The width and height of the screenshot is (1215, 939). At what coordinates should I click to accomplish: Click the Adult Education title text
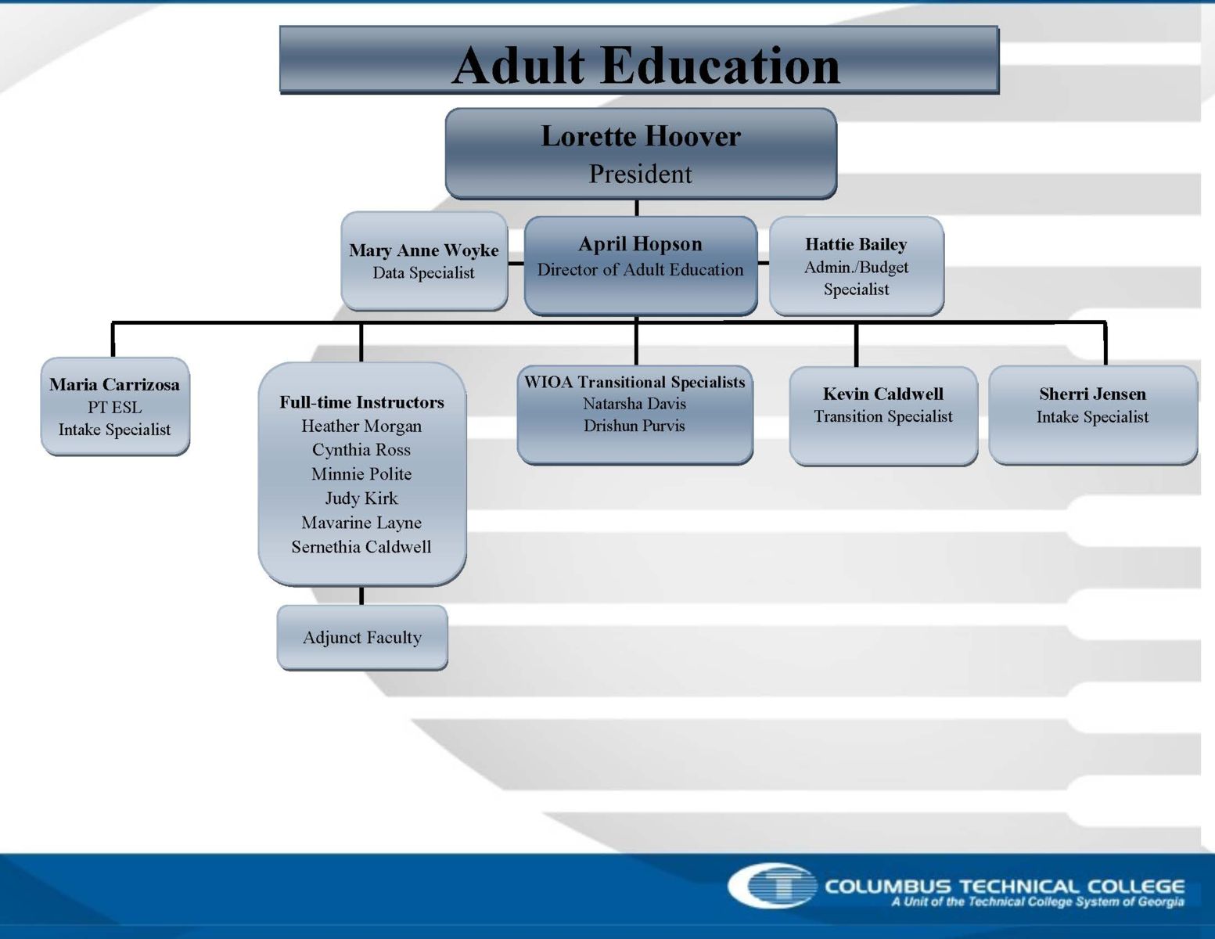tap(645, 66)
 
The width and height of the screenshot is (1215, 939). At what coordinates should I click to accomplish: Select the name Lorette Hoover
tap(641, 136)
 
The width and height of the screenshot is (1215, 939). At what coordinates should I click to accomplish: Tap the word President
tap(640, 174)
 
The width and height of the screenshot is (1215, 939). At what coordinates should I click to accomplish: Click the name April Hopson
tap(640, 244)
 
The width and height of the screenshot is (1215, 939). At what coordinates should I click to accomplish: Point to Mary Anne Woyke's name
tap(424, 250)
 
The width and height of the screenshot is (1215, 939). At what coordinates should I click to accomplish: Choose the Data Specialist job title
tap(423, 273)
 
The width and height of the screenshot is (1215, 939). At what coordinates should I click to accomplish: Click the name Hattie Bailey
tap(856, 244)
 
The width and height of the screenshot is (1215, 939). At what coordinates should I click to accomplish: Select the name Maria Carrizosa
tap(115, 384)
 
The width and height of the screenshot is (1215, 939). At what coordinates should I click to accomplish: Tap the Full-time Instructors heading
tap(361, 402)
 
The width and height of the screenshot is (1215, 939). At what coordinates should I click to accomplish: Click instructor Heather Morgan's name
tap(361, 426)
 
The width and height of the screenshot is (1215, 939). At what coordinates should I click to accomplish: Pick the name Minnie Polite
tap(361, 474)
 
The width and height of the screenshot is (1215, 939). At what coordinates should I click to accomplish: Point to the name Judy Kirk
tap(361, 498)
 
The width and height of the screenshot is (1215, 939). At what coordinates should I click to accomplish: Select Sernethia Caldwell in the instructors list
tap(361, 546)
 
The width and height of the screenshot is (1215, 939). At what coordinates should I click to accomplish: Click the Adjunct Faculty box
tap(362, 637)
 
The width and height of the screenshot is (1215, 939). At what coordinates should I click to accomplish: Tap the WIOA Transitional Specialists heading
tap(634, 382)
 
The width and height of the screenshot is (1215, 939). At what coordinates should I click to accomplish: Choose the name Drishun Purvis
tap(634, 426)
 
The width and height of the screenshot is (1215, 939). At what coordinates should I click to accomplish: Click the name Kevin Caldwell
tap(882, 394)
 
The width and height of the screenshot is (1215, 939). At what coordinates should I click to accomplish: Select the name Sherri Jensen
tap(1092, 394)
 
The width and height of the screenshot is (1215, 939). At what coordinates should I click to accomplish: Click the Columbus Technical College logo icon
tap(772, 886)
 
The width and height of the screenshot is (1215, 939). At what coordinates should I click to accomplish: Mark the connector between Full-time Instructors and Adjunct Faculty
tap(361, 595)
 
